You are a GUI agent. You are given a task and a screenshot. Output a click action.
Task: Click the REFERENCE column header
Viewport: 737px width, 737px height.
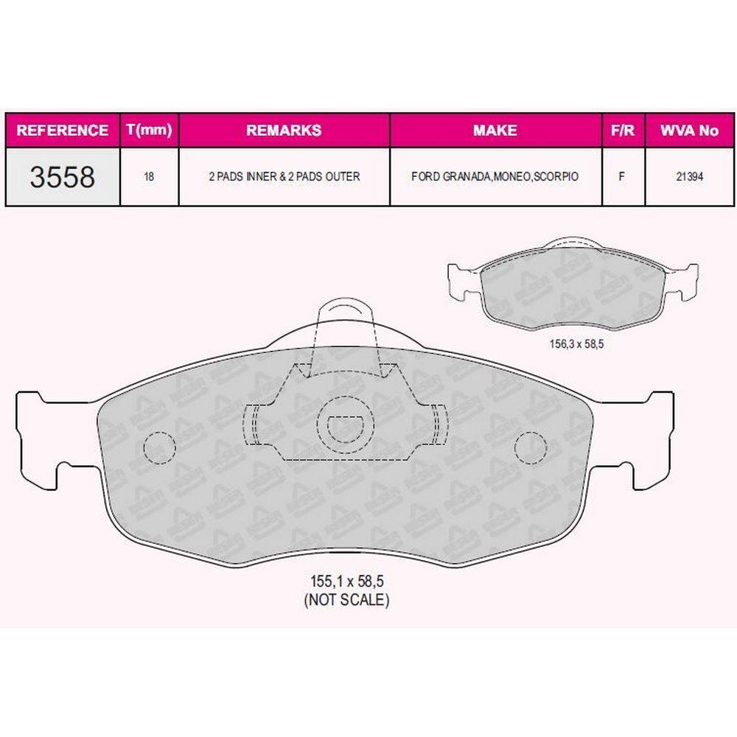(x=62, y=130)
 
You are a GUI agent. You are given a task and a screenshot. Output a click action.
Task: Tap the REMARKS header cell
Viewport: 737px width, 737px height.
(x=284, y=130)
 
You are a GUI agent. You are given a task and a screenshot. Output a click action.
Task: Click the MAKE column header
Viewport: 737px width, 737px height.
(x=495, y=130)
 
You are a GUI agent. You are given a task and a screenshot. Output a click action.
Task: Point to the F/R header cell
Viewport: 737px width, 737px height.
(x=622, y=130)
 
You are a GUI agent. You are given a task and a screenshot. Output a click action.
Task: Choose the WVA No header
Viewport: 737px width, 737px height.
(x=689, y=130)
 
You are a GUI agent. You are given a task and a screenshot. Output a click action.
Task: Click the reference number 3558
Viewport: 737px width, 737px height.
(x=63, y=177)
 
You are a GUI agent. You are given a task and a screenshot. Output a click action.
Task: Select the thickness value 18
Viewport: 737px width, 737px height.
(x=149, y=177)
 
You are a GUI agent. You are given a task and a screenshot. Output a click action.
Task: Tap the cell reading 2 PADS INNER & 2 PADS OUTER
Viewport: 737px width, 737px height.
(x=284, y=177)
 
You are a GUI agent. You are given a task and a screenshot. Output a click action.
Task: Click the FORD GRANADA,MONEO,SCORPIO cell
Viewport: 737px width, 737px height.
(x=495, y=177)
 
